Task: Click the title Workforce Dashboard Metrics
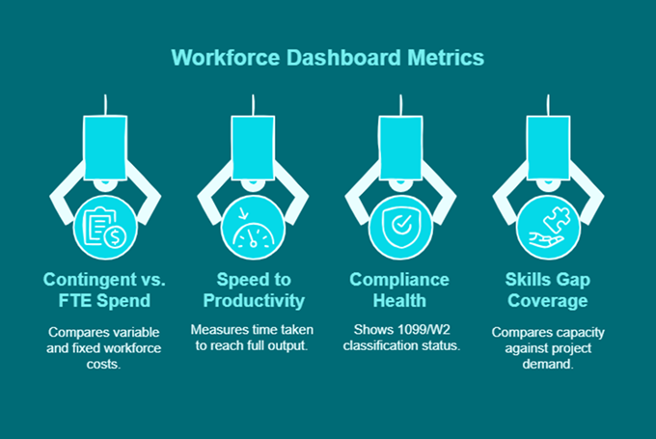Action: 327,57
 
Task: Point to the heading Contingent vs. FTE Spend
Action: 106,290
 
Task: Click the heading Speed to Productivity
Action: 253,290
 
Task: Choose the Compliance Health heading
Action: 400,290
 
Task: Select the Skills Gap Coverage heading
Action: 548,290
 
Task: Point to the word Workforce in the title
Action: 220,57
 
